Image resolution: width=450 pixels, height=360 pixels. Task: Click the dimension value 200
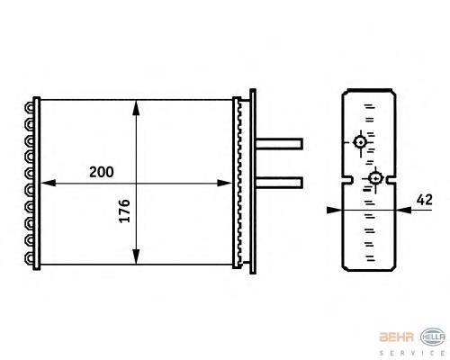(101, 171)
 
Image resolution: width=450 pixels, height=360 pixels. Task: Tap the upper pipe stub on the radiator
(280, 143)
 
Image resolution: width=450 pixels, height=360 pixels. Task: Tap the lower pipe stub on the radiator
(280, 182)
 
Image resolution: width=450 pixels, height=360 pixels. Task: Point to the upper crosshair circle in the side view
(360, 142)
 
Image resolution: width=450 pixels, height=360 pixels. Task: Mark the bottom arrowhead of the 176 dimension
(135, 255)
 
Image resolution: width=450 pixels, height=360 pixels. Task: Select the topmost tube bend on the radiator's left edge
(33, 106)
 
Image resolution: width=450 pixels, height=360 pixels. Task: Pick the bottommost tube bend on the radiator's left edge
(33, 257)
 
